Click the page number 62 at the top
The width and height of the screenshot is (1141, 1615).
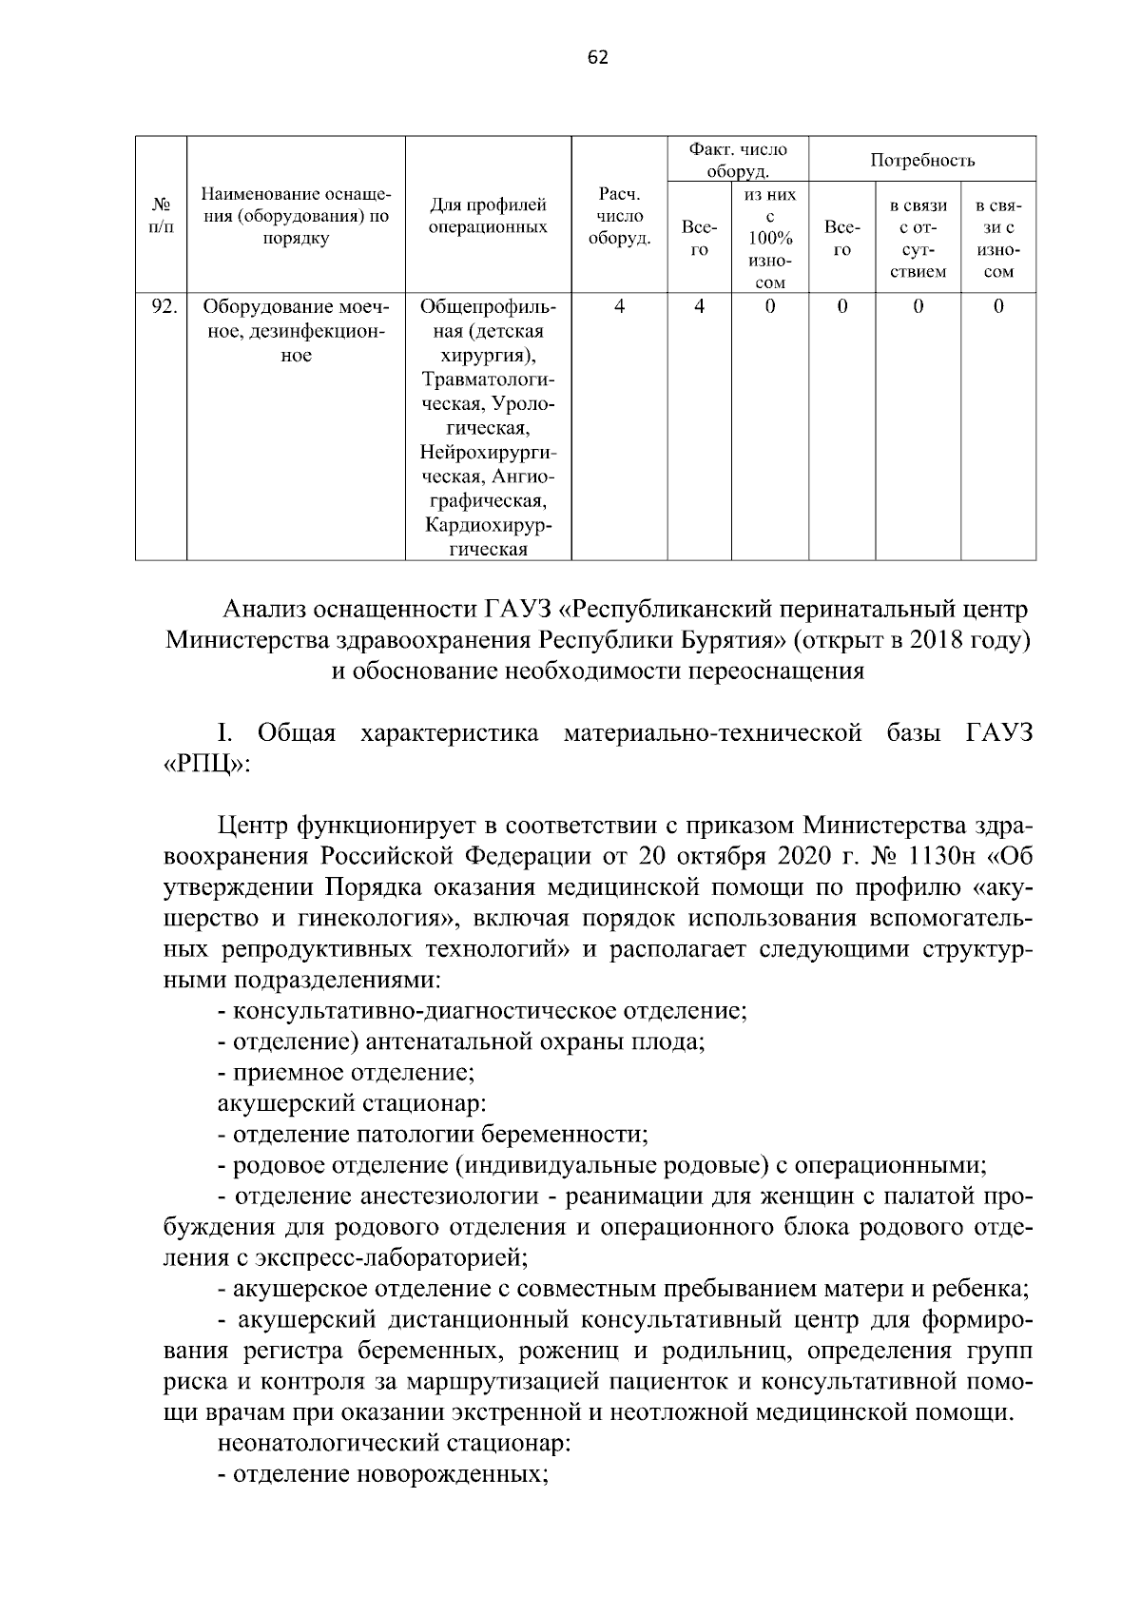coord(597,57)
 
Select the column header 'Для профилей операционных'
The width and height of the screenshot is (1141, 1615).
coord(488,216)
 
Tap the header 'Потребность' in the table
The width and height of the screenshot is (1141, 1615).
coord(921,160)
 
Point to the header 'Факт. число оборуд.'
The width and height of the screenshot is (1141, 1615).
coord(738,160)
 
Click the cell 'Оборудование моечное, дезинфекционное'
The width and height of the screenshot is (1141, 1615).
coord(296,331)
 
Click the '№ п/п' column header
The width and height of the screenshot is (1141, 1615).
coord(161,217)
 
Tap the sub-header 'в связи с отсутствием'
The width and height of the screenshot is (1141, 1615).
coord(917,238)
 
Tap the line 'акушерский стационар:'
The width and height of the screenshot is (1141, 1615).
coord(352,1103)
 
